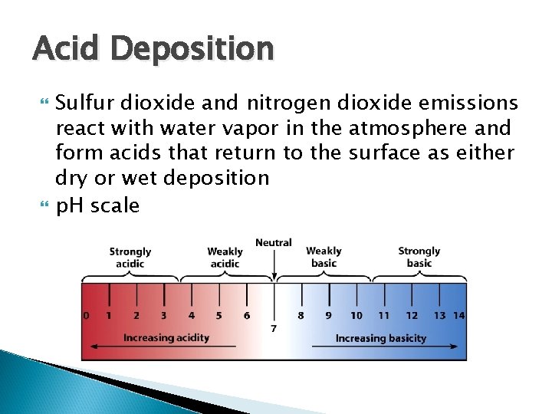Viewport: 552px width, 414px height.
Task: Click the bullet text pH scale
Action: tap(97, 205)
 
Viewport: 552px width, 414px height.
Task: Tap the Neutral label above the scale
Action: tap(274, 243)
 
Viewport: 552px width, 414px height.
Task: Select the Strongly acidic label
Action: tap(130, 258)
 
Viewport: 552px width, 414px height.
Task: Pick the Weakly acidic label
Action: tap(225, 258)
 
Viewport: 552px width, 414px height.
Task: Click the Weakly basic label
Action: tap(324, 257)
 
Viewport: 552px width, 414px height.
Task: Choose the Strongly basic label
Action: tap(419, 257)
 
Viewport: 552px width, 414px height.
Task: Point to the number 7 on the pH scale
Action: tap(274, 328)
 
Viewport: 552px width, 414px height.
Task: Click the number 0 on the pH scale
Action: tap(86, 315)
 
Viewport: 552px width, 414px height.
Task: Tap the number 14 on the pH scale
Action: tap(458, 315)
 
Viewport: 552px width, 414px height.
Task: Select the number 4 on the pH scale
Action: tap(191, 315)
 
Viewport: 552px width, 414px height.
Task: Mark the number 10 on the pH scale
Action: tap(356, 315)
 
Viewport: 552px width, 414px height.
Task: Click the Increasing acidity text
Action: tap(166, 338)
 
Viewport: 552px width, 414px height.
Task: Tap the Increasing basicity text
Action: tap(381, 338)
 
